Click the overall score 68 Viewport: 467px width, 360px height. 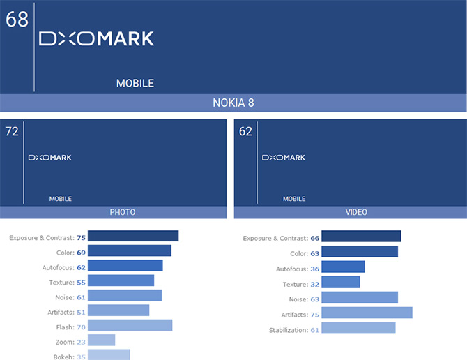[17, 19]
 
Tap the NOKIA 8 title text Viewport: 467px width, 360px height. [233, 103]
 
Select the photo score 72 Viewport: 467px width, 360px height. [12, 131]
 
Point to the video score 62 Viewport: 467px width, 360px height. [245, 131]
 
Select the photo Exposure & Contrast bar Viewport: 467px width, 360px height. [134, 237]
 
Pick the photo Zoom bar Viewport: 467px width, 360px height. [102, 340]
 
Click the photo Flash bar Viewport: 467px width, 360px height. [130, 325]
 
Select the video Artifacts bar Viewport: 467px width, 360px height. [367, 313]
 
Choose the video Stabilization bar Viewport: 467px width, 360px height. [358, 328]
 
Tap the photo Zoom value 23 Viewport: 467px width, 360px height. [81, 341]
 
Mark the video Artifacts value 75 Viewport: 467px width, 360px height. [315, 314]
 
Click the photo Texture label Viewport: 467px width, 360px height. [61, 283]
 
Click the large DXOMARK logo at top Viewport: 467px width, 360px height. [96, 39]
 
